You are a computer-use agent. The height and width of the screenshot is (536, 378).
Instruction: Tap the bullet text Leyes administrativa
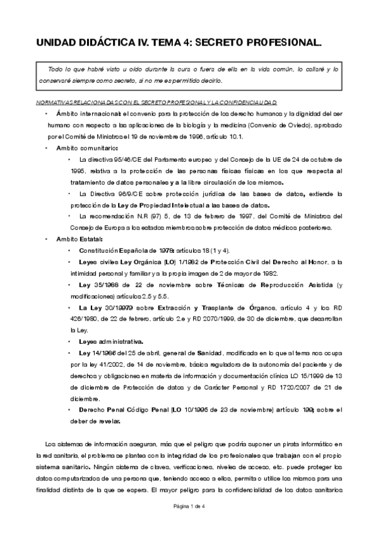tap(111, 342)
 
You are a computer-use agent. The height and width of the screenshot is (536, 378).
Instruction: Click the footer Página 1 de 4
tap(189, 524)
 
